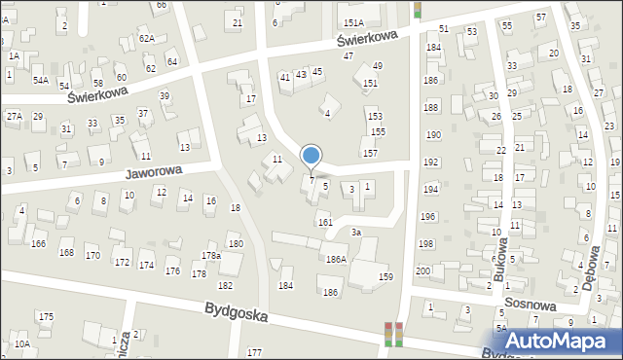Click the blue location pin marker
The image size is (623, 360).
(x=311, y=156)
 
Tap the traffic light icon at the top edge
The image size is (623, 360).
(x=418, y=9)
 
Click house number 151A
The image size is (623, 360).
(x=353, y=22)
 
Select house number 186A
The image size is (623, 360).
(x=336, y=260)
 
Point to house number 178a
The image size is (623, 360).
(x=211, y=255)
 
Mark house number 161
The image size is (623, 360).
(x=325, y=223)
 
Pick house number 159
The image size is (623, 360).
(x=385, y=277)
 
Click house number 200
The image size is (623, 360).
(x=423, y=270)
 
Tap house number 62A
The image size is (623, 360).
(x=146, y=38)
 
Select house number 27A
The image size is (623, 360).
(x=14, y=116)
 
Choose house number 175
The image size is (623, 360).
(x=46, y=316)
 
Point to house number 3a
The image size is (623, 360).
(x=356, y=233)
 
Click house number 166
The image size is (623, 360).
(x=38, y=243)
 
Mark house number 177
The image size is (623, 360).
(x=255, y=351)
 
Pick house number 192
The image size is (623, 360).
(x=430, y=162)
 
